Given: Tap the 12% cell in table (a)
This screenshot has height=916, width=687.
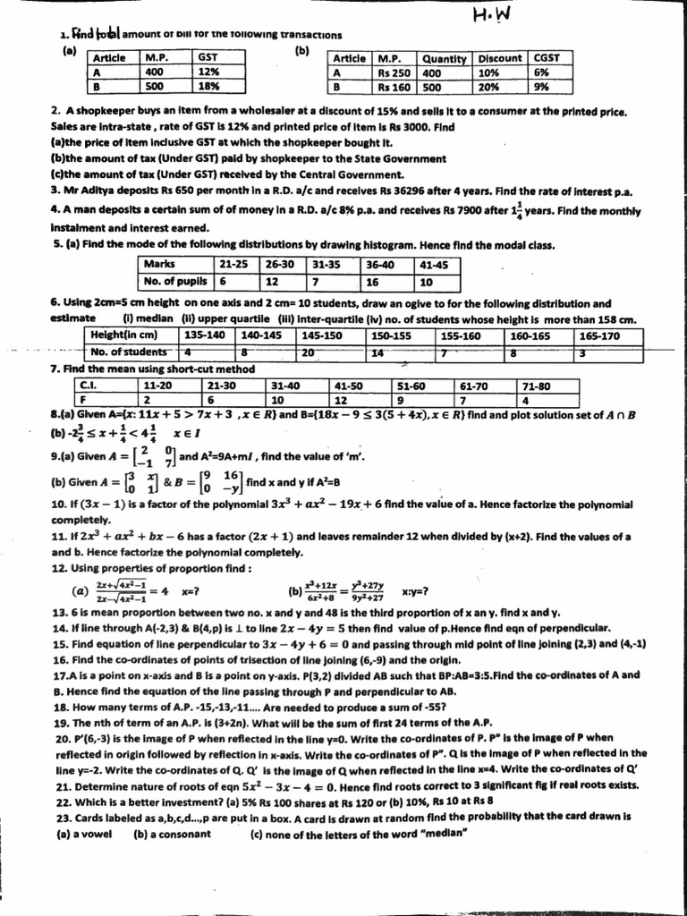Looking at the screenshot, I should (208, 72).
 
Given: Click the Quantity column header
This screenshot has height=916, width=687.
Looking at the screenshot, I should (445, 58).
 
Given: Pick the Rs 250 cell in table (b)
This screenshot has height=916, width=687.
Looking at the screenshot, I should (393, 73).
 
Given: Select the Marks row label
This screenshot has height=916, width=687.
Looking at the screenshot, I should (159, 265).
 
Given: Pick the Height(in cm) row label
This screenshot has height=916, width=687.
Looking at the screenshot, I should (125, 335).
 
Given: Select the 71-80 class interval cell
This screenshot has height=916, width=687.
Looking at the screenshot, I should (536, 386).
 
